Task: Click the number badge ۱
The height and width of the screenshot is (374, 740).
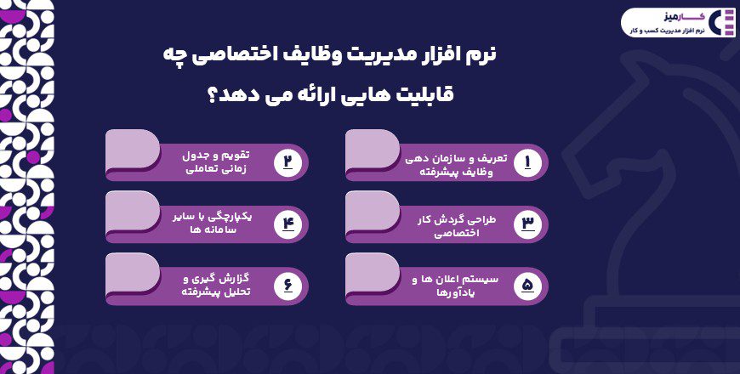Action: coord(527,161)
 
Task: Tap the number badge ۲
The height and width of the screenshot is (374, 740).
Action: coord(287,161)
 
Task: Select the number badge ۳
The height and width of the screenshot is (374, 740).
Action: coord(527,223)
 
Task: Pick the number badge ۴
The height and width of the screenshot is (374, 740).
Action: coord(287,223)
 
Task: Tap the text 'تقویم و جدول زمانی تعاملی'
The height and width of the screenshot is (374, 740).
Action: coord(217,162)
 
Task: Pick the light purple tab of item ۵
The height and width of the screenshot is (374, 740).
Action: coord(372,274)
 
